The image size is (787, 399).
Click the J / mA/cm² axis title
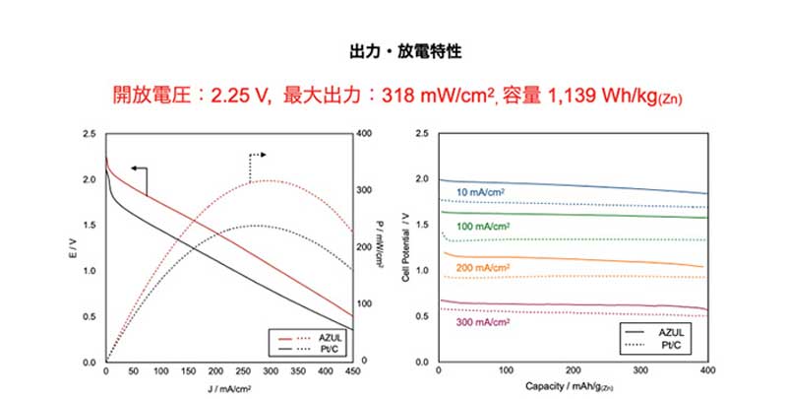point(229,387)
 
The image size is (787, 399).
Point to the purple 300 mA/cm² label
point(482,321)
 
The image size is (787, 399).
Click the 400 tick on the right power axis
point(363,133)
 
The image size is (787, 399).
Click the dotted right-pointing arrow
point(259,156)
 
